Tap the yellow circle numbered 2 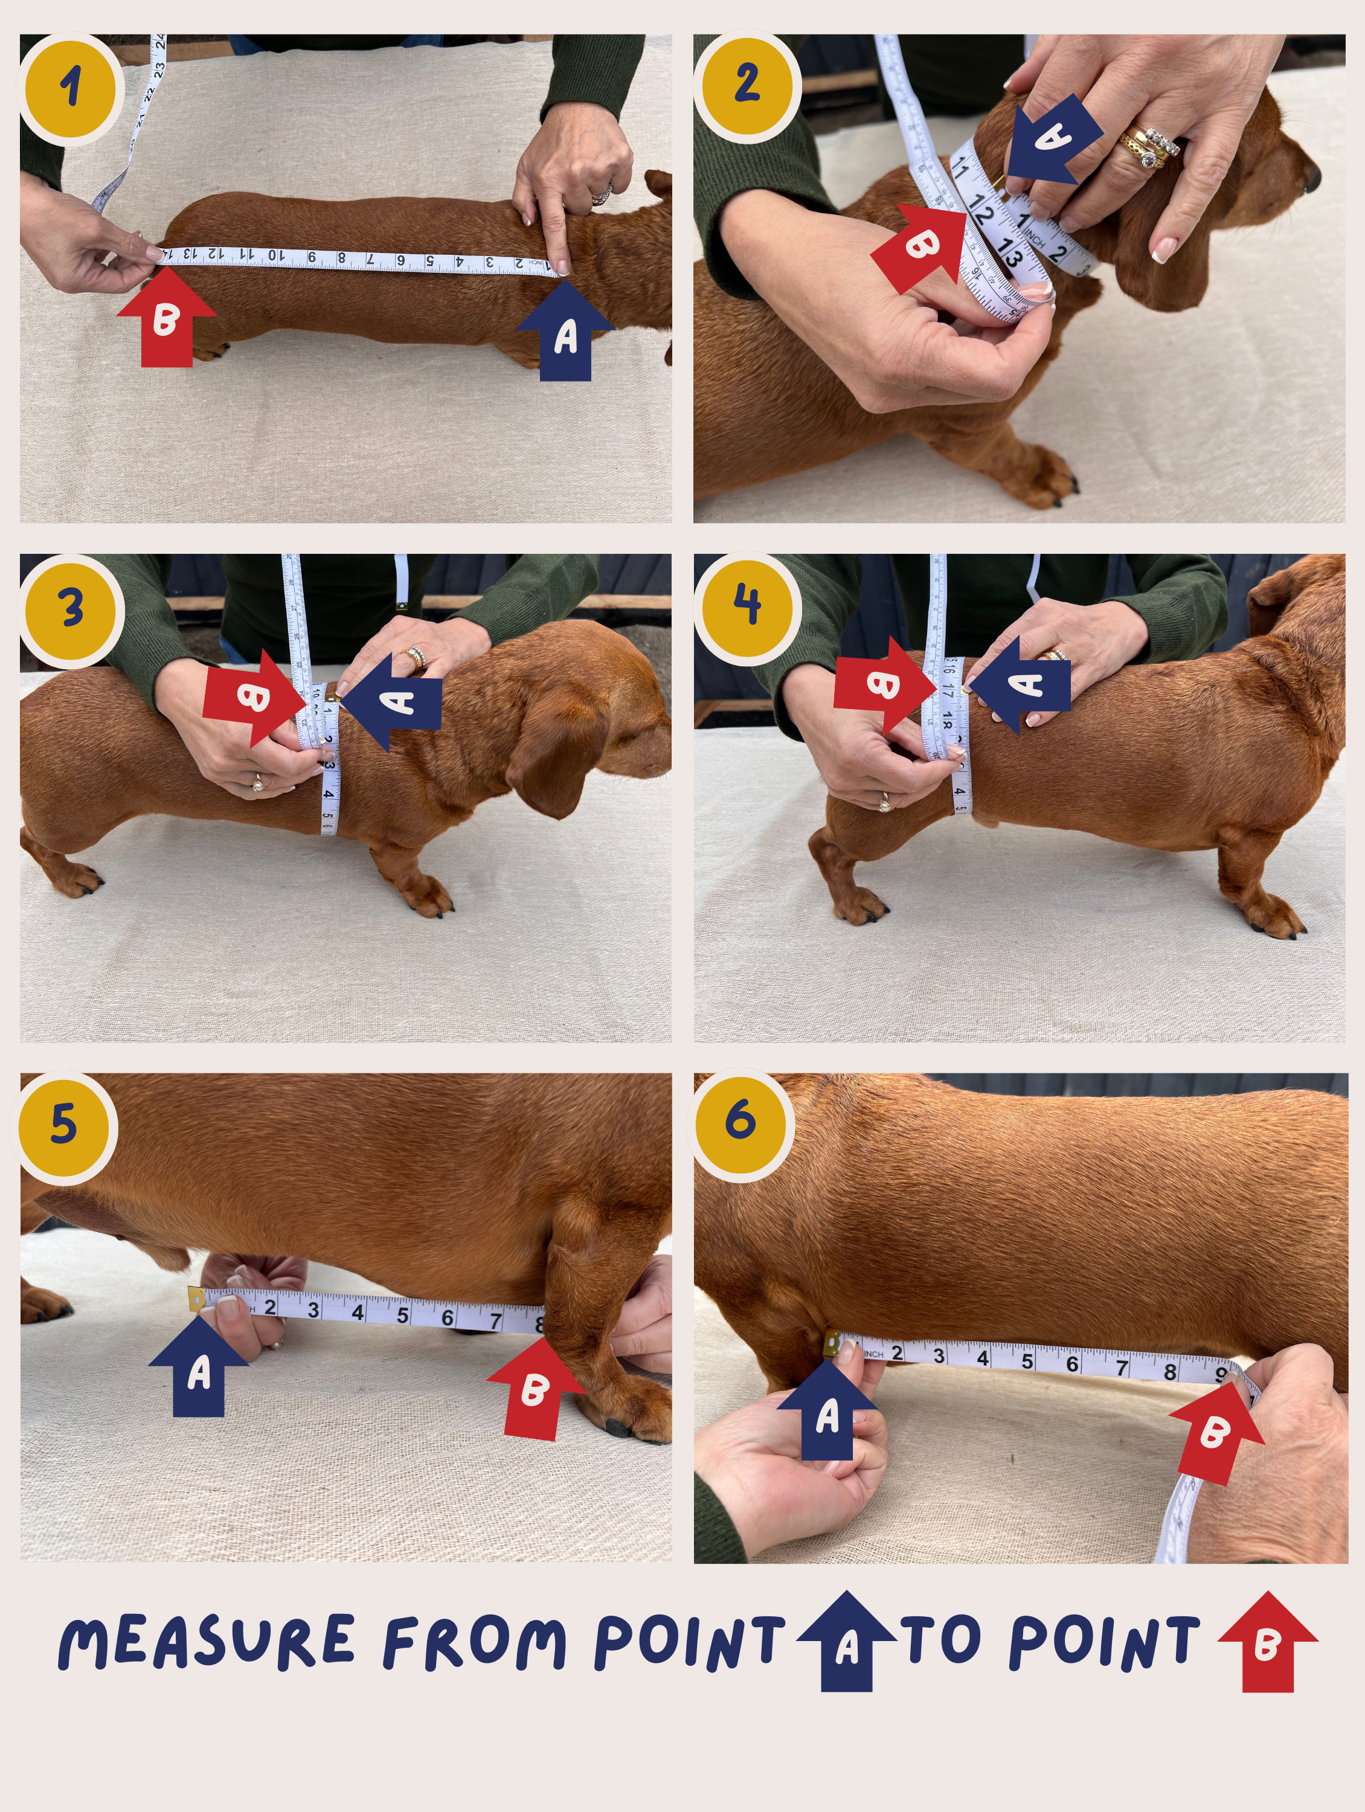[747, 85]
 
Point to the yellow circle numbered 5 [63, 1125]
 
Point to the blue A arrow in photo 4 [1021, 685]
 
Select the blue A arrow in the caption [846, 1642]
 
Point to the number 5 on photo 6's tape [1027, 1362]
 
